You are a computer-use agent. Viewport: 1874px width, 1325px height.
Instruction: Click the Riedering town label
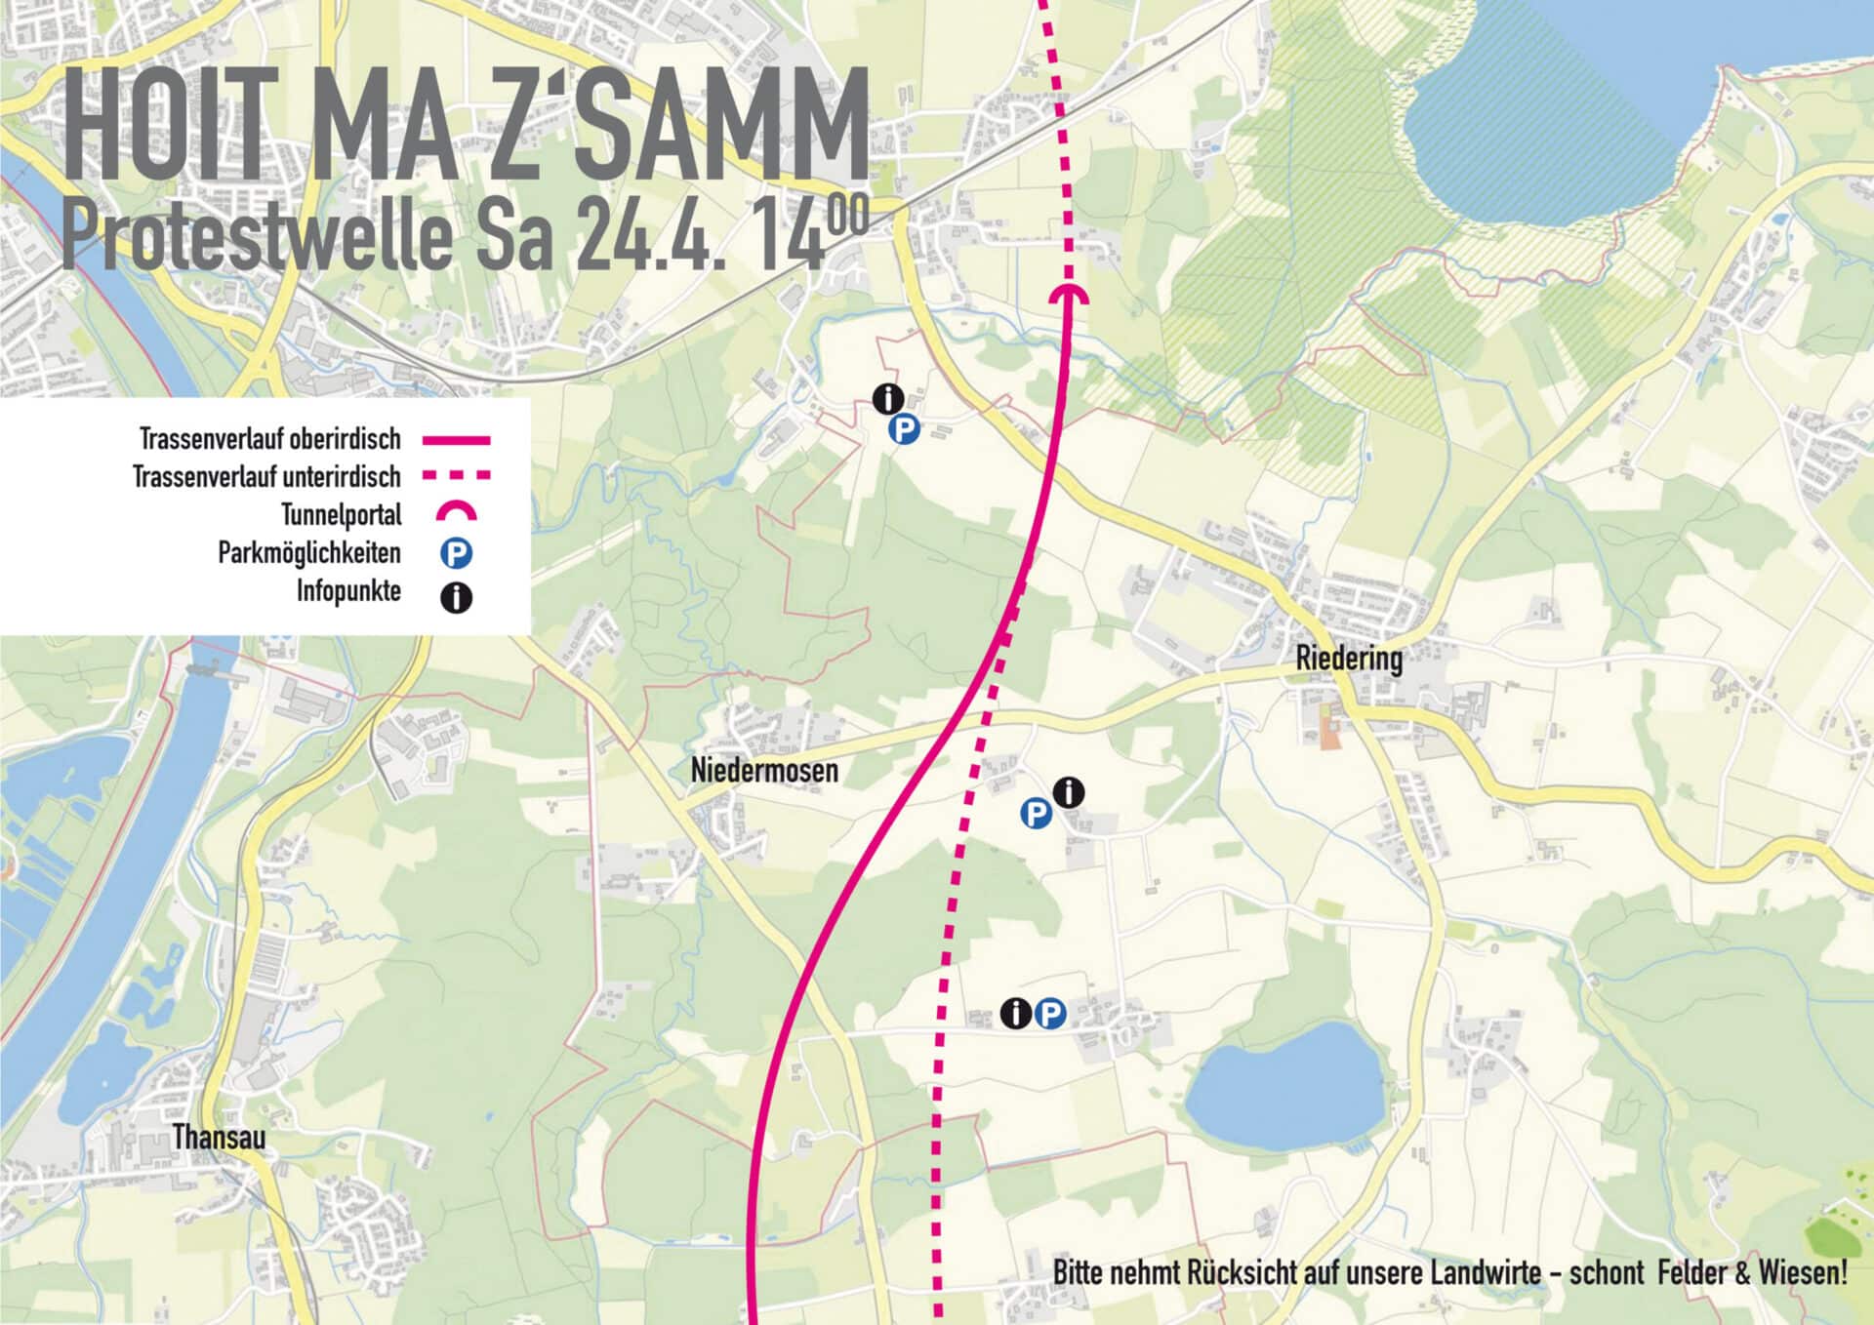tap(1349, 660)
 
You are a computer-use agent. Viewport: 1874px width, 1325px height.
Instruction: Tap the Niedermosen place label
tap(764, 771)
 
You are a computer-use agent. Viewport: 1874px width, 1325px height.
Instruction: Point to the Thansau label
tap(219, 1138)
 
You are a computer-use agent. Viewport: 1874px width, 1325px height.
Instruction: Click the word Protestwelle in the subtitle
tap(257, 237)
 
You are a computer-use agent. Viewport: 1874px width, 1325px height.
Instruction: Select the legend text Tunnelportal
tap(342, 515)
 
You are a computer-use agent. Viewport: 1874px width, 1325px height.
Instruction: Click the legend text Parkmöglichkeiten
tap(309, 553)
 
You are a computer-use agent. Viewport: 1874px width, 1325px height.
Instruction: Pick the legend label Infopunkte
tap(348, 591)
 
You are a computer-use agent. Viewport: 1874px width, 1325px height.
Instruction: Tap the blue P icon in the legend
tap(456, 554)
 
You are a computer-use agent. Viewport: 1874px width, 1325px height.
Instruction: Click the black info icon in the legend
tap(456, 597)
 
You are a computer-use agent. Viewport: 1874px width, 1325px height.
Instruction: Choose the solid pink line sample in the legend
tap(456, 441)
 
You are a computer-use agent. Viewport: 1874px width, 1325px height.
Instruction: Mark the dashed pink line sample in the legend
tap(456, 476)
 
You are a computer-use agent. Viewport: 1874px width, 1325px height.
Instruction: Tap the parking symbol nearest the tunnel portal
tap(904, 429)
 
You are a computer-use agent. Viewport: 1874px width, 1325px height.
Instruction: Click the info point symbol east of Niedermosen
tap(1070, 792)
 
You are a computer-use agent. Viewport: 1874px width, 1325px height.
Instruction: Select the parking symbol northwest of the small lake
tap(1049, 1015)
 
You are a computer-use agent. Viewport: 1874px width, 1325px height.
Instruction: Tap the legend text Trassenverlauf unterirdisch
tap(266, 477)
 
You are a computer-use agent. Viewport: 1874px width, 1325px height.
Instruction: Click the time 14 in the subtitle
tap(791, 237)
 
